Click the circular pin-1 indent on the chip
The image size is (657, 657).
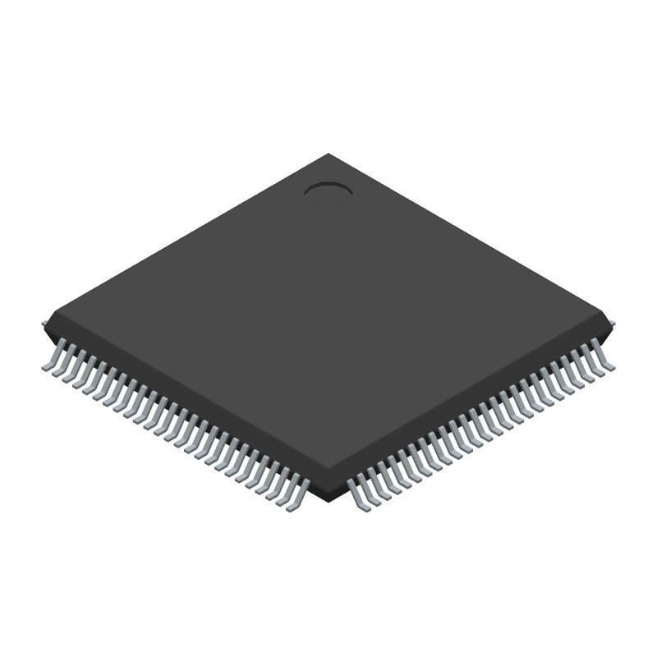[328, 191]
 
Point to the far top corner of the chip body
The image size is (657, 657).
[328, 154]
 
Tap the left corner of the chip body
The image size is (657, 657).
[48, 317]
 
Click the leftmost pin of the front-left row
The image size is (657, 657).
[49, 361]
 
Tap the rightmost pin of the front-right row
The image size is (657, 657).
[606, 361]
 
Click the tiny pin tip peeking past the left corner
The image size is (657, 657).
[44, 324]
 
